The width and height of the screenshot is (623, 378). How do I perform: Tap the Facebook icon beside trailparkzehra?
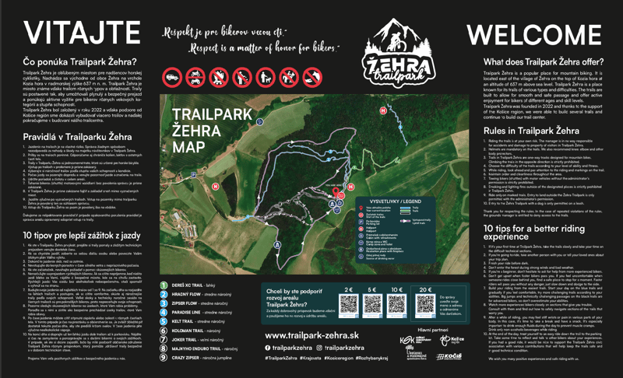click(269, 347)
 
